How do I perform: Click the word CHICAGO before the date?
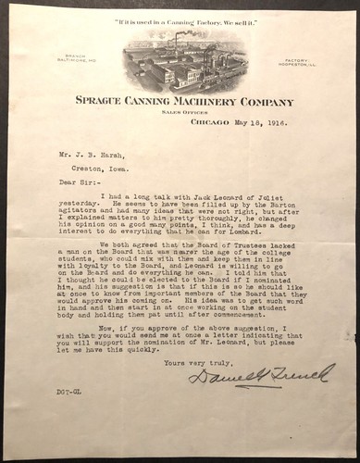(208, 121)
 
